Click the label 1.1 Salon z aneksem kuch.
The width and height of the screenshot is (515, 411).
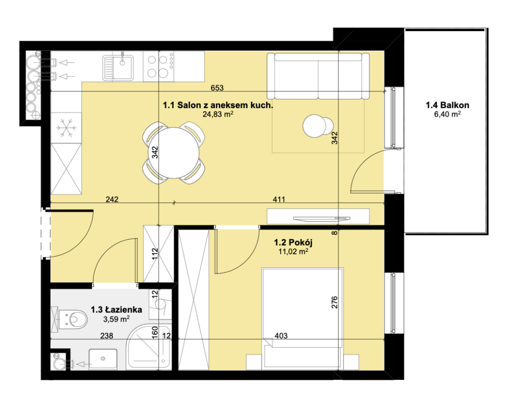[218, 105]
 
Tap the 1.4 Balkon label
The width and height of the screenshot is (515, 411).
[447, 105]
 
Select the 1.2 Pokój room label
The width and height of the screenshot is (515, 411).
[293, 242]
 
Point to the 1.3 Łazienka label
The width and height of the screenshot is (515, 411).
[116, 310]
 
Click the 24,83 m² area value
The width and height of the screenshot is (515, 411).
[218, 114]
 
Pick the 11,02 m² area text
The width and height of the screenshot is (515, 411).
[293, 252]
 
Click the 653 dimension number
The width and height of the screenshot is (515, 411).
[217, 87]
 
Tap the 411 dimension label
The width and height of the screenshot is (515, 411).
[279, 199]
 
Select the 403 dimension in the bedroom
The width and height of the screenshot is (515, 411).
[281, 336]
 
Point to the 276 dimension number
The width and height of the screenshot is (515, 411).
[334, 302]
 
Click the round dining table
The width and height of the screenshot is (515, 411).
[174, 153]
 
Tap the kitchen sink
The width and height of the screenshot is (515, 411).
[118, 67]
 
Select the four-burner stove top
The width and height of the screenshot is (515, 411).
[158, 67]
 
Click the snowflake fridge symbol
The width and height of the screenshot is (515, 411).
[66, 128]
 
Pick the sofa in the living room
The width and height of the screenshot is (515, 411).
[318, 76]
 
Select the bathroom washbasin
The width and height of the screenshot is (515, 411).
[103, 359]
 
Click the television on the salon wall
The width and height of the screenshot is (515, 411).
[322, 218]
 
